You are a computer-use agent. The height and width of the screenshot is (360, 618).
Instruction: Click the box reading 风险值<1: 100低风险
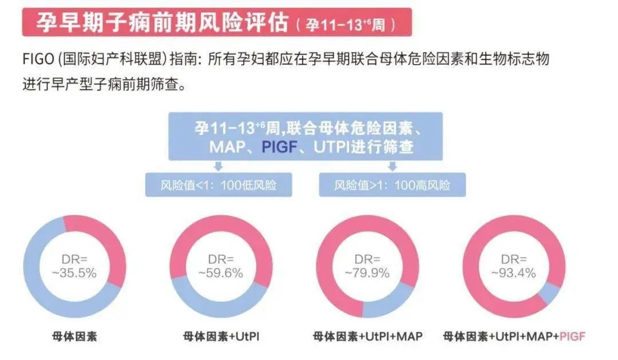[x=218, y=185]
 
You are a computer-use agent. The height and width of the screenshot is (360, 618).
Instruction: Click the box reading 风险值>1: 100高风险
[x=392, y=185]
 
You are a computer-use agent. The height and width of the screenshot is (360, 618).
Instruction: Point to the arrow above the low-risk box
[x=218, y=167]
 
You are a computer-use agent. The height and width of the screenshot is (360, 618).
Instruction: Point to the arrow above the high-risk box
[x=393, y=167]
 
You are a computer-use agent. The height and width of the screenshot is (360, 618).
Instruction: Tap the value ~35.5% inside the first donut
[x=74, y=273]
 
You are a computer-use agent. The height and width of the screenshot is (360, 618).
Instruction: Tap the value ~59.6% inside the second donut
[x=220, y=273]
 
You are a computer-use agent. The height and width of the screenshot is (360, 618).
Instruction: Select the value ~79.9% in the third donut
[x=367, y=273]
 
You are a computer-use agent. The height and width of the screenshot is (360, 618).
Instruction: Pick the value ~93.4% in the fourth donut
[x=513, y=273]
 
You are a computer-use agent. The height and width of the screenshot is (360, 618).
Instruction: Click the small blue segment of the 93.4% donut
[x=549, y=294]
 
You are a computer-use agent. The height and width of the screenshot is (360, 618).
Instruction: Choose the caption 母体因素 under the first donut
[x=74, y=336]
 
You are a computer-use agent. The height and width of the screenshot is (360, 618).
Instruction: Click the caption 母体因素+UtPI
[x=221, y=336]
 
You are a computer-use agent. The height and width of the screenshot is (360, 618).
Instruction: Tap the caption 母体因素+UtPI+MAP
[x=367, y=336]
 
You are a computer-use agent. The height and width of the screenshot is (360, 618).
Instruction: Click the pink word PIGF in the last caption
[x=572, y=336]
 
